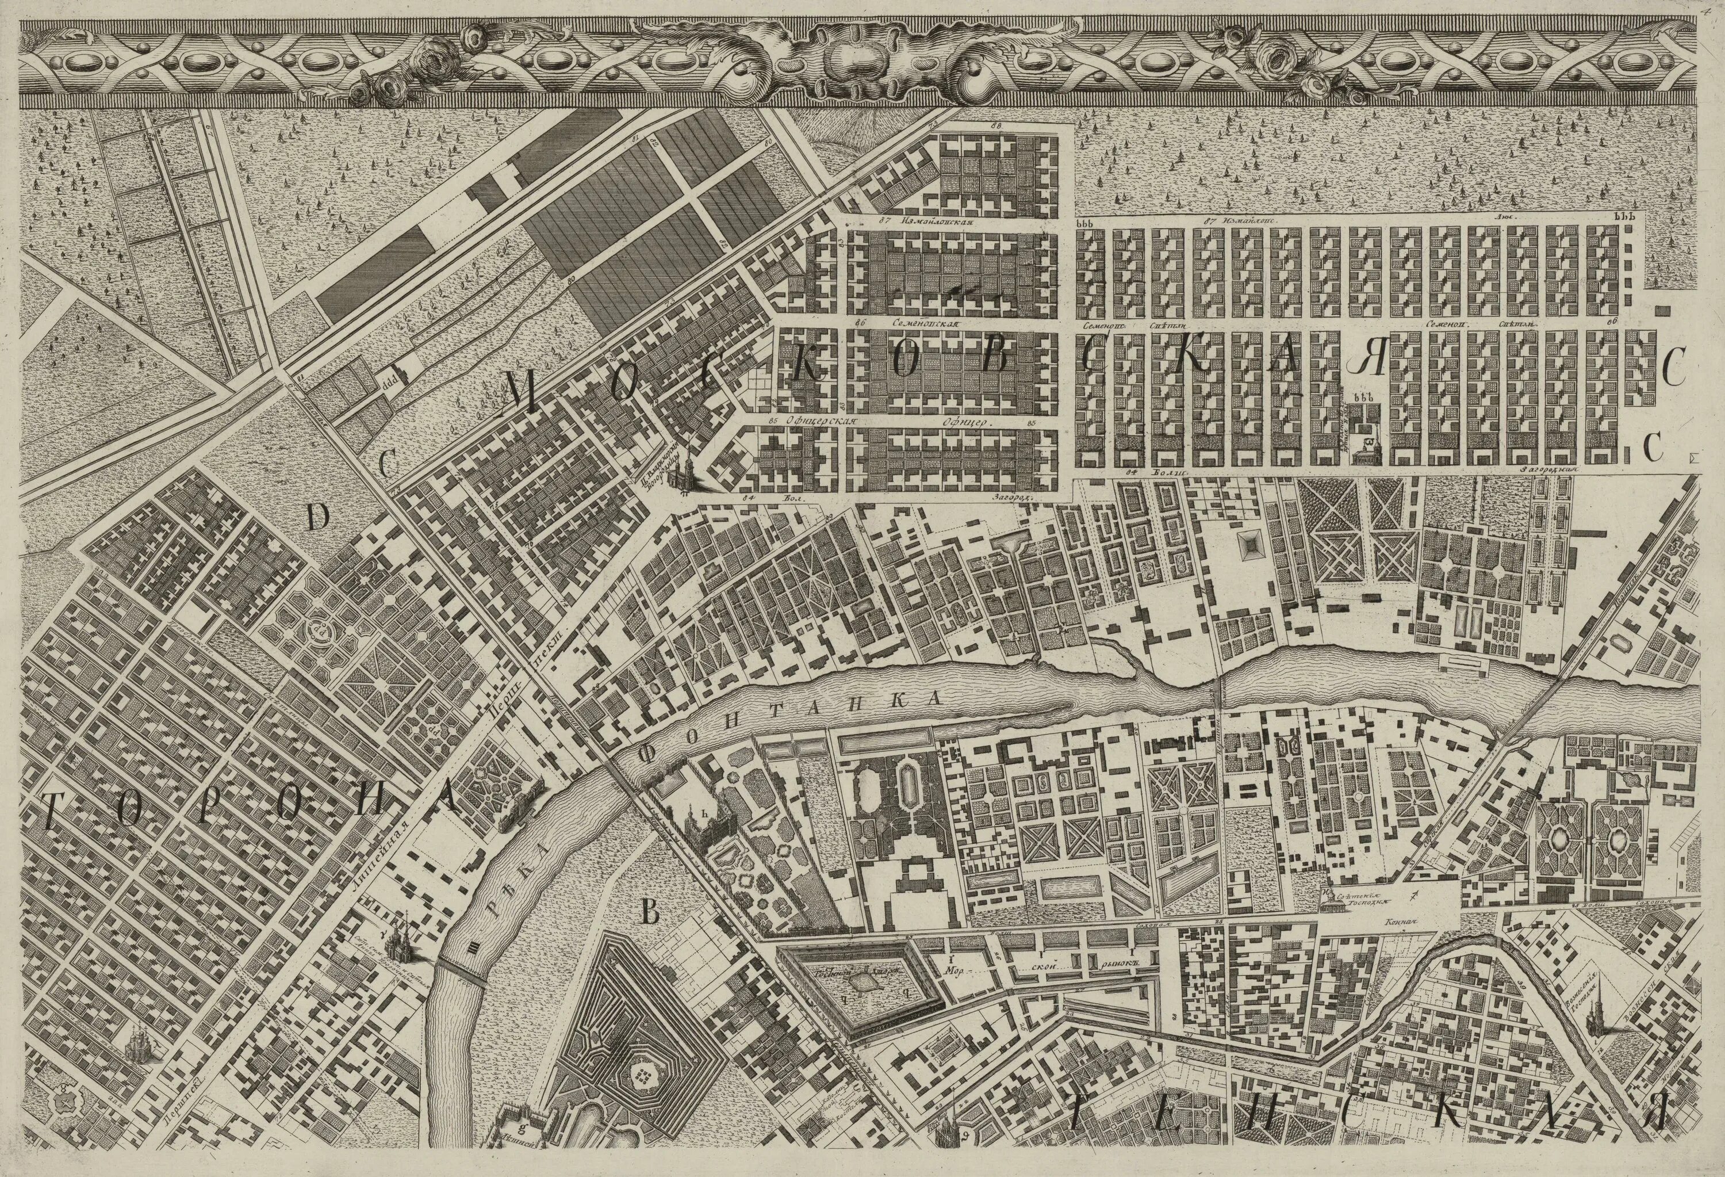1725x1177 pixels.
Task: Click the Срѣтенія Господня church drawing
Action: (1332, 899)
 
